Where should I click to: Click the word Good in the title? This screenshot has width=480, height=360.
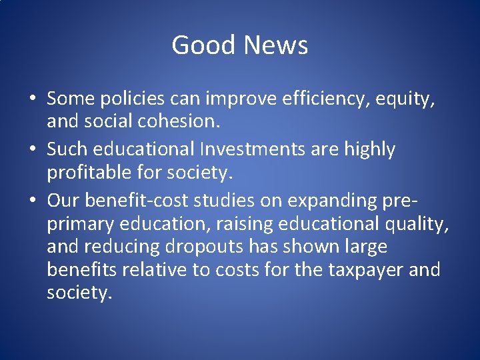pyautogui.click(x=204, y=45)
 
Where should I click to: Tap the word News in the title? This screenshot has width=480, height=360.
pyautogui.click(x=276, y=45)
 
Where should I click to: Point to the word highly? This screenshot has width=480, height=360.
pyautogui.click(x=369, y=150)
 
